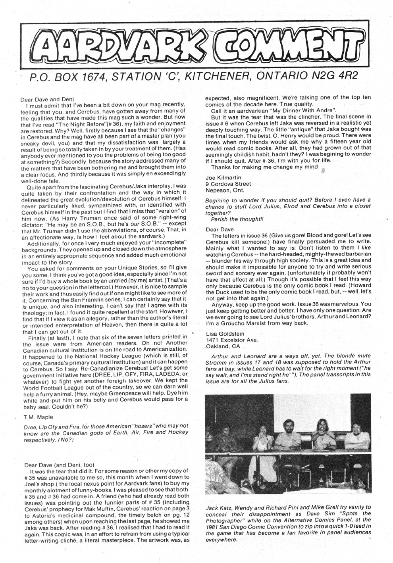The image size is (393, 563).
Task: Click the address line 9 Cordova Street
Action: pos(228,184)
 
